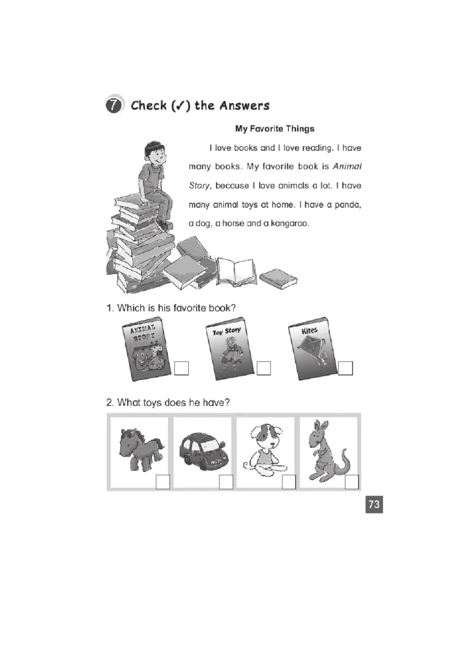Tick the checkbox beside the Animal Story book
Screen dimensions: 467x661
181,368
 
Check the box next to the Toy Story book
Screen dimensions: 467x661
263,368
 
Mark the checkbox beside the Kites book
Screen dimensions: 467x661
345,368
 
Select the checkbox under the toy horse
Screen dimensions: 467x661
163,482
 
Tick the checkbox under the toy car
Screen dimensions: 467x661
226,482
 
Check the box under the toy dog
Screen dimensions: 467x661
289,482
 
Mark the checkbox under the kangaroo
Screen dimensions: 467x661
351,482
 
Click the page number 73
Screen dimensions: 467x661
374,504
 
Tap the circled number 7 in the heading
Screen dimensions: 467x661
113,105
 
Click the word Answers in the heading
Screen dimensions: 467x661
245,105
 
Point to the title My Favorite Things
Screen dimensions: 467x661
275,128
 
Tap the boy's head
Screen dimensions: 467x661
154,154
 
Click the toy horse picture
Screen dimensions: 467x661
141,448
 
